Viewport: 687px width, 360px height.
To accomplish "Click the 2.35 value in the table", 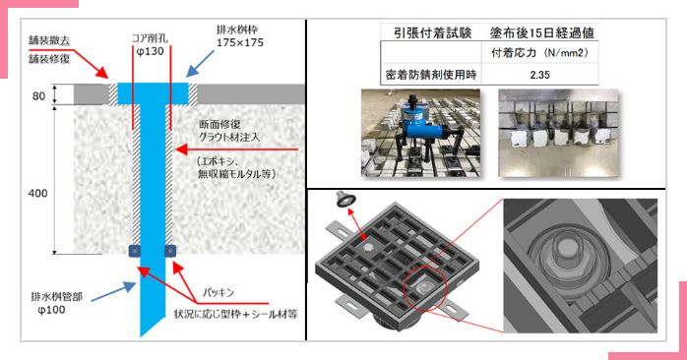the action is point(539,75).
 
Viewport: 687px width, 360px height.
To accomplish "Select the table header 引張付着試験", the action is point(432,32).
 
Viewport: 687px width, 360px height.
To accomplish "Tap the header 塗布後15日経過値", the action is point(541,32).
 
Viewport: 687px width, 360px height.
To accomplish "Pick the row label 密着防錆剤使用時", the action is point(431,75).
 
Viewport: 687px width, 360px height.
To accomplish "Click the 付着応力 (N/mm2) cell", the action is point(539,53).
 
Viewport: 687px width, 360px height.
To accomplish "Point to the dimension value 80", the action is point(38,96).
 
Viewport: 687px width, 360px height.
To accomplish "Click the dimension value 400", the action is point(37,193).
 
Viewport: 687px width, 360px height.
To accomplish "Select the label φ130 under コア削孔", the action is point(151,52).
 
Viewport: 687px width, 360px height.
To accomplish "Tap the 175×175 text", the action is point(240,43).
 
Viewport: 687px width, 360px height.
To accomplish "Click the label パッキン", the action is point(219,292).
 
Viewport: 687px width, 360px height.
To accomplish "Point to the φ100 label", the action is point(52,310).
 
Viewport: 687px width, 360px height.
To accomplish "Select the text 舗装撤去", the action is point(49,40).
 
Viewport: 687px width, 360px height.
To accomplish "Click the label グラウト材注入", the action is point(229,137).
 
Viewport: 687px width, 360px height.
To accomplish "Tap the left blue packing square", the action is point(135,251).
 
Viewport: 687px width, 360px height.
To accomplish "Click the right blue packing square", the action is point(170,251).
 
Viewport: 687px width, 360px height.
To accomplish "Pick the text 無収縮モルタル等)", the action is point(237,174).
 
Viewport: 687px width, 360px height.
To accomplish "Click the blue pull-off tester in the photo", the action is point(419,127).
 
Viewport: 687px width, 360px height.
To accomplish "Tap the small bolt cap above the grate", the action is point(345,200).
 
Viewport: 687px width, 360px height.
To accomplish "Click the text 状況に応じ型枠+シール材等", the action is point(235,314).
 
